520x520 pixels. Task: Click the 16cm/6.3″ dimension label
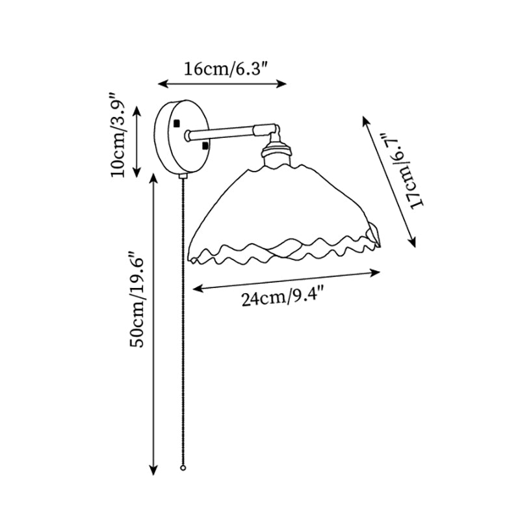pyautogui.click(x=222, y=69)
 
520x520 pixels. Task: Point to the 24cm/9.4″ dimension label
pyautogui.click(x=284, y=299)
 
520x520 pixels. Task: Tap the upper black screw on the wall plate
pyautogui.click(x=177, y=123)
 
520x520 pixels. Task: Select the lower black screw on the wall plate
pyautogui.click(x=205, y=146)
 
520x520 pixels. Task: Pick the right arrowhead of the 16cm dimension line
pyautogui.click(x=284, y=83)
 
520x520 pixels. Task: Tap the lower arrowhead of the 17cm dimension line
pyautogui.click(x=411, y=242)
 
